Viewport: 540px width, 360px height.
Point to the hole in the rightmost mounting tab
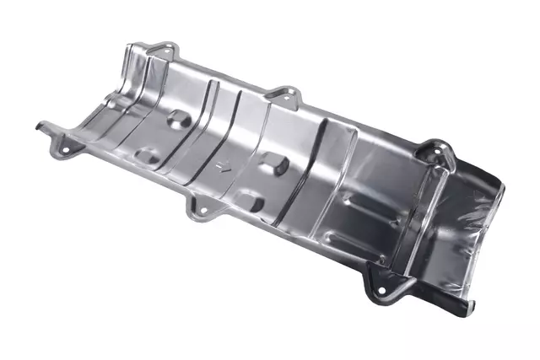(x=441, y=152)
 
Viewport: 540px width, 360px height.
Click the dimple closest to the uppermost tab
(x=178, y=117)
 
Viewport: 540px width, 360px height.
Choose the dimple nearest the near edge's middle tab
(x=247, y=201)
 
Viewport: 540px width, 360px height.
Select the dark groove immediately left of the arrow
(x=202, y=160)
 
